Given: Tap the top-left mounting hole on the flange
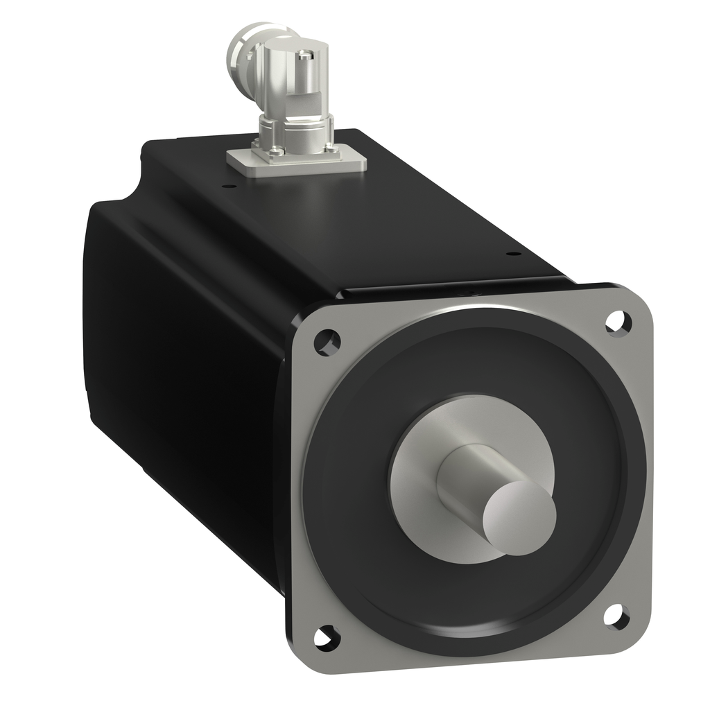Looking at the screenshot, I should [327, 342].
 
